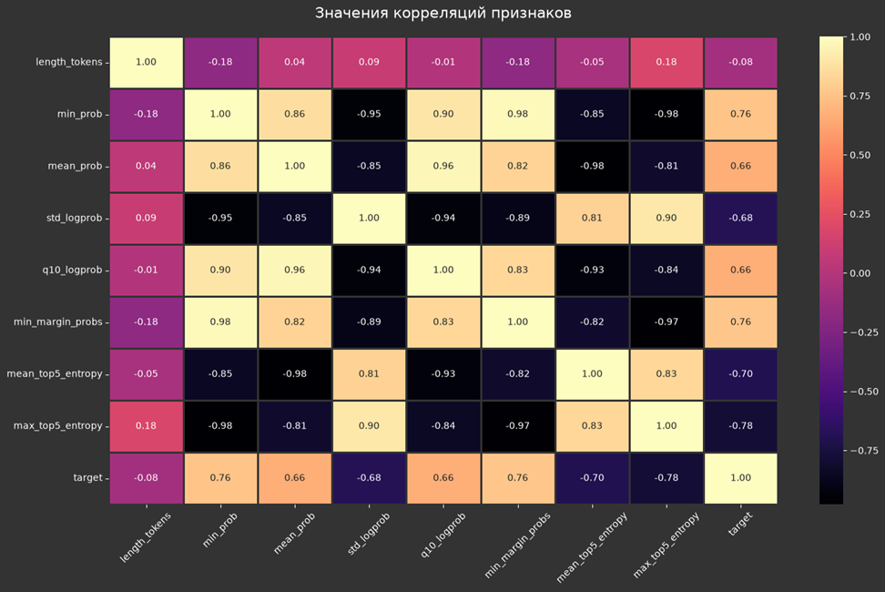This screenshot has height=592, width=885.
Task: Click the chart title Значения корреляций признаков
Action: pyautogui.click(x=443, y=13)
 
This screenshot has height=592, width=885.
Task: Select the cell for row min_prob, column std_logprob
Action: pyautogui.click(x=369, y=114)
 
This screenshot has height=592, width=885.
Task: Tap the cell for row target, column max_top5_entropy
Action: pyautogui.click(x=666, y=478)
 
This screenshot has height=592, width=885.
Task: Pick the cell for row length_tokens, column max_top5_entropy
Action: pyautogui.click(x=666, y=63)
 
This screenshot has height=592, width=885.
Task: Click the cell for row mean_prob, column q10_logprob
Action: pyautogui.click(x=443, y=167)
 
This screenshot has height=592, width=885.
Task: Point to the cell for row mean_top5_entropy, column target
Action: pyautogui.click(x=741, y=374)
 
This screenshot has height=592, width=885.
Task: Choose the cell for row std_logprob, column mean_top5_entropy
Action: pyautogui.click(x=592, y=219)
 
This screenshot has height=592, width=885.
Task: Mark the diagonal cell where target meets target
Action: pyautogui.click(x=741, y=478)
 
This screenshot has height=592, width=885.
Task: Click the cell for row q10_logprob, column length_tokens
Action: pyautogui.click(x=147, y=270)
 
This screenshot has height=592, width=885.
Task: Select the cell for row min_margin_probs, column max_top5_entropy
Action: pyautogui.click(x=666, y=322)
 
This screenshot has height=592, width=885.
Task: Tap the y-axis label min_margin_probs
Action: pyautogui.click(x=58, y=322)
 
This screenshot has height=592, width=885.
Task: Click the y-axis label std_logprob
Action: pyautogui.click(x=75, y=219)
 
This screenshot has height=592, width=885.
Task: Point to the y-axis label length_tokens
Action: pyautogui.click(x=69, y=62)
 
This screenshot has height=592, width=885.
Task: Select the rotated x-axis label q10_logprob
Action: pyautogui.click(x=443, y=535)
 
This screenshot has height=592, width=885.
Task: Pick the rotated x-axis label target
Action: pyautogui.click(x=741, y=524)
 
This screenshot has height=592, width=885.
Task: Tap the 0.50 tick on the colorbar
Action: pyautogui.click(x=860, y=155)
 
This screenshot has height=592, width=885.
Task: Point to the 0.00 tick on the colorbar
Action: pyautogui.click(x=860, y=273)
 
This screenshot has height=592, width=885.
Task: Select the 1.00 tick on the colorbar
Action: pyautogui.click(x=860, y=37)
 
